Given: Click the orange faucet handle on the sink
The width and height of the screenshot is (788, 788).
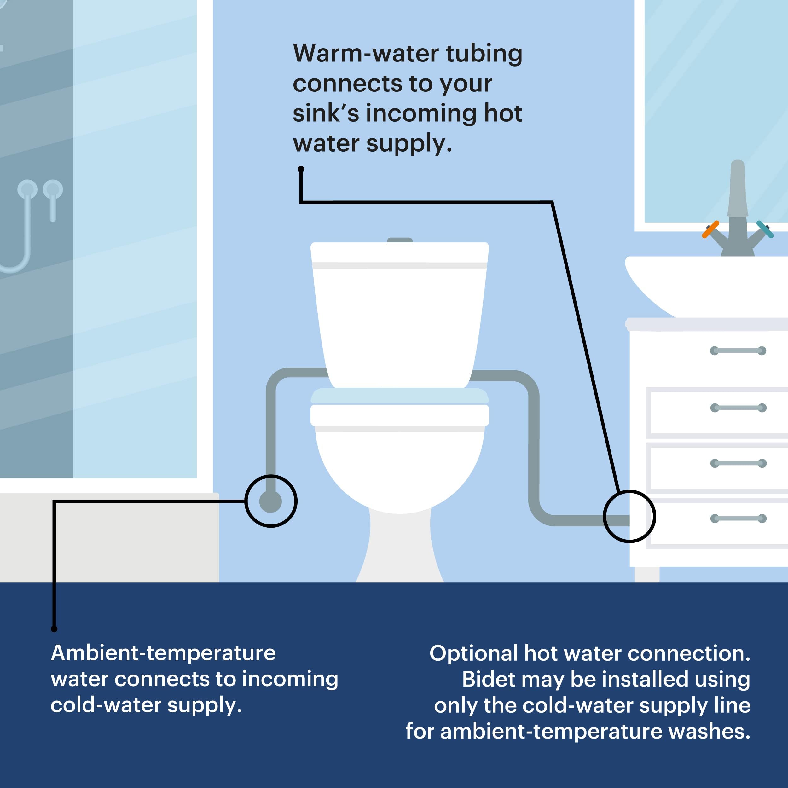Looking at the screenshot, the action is point(710,229).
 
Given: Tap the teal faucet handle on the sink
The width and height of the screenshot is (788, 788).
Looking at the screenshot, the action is point(765,229).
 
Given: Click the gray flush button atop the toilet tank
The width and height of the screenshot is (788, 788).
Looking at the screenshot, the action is point(400,240).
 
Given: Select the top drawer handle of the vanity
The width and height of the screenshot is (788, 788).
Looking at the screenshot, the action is point(738,351).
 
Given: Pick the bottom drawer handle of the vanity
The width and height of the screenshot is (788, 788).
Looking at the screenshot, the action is point(738,519).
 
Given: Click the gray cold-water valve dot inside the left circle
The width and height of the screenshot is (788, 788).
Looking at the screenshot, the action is point(270,501).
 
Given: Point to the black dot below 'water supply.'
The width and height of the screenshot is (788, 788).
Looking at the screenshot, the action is point(301,169).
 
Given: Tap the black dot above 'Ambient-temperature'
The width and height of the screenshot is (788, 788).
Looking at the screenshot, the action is point(54,629).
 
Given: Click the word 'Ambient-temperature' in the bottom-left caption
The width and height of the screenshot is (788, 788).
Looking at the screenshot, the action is point(164,653).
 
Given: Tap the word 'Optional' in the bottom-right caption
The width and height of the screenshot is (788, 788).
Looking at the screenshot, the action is point(473,653).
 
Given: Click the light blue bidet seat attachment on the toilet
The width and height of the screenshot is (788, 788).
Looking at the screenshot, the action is point(400,396).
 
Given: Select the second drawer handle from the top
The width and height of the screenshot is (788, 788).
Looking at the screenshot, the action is point(738,408).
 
